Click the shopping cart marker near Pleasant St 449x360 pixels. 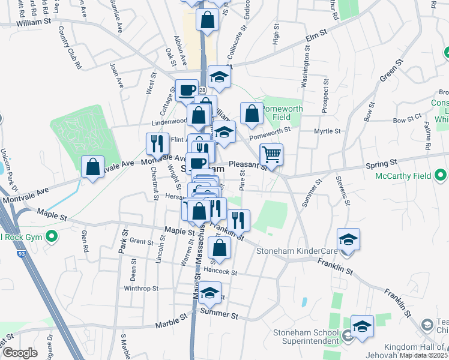272,154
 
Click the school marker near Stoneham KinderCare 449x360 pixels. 349,239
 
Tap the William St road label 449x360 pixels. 33,22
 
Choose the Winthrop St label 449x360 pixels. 140,289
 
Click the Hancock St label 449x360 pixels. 221,272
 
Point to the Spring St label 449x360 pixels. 386,163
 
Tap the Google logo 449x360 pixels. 20,353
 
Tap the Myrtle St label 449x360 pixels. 328,131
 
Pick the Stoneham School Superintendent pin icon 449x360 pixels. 348,336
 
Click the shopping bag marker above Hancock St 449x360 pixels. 221,247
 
